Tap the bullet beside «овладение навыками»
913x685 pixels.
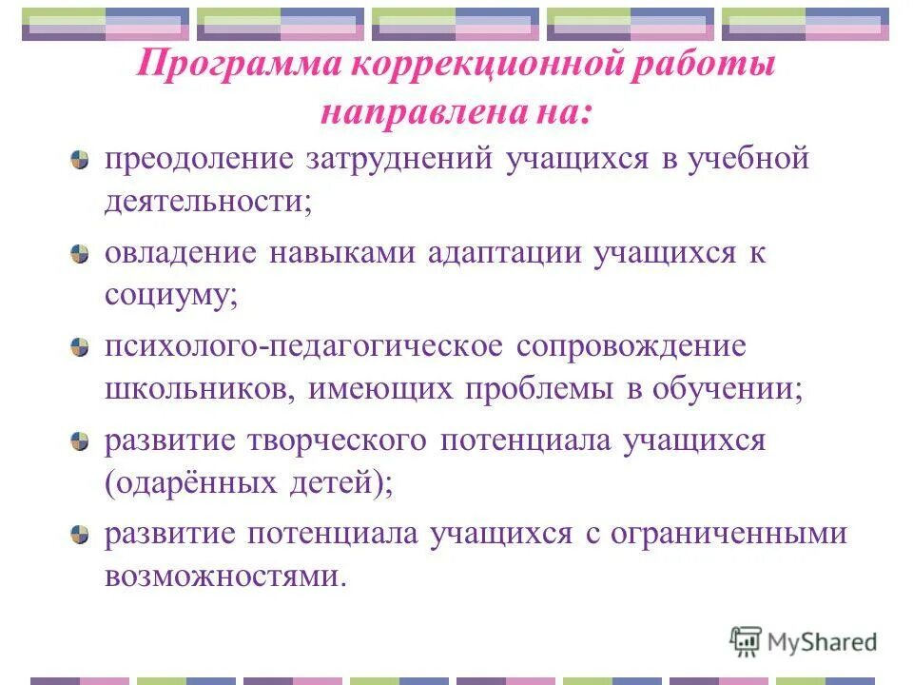coord(82,254)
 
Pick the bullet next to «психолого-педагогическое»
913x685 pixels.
coord(82,346)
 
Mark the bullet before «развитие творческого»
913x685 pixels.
coord(82,441)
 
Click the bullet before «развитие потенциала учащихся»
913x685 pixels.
coord(82,535)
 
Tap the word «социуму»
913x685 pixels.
coord(171,296)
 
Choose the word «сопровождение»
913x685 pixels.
coord(631,346)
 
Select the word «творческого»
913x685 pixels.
coord(338,440)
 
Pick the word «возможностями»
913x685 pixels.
coord(221,577)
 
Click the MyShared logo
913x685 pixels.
coord(804,641)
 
